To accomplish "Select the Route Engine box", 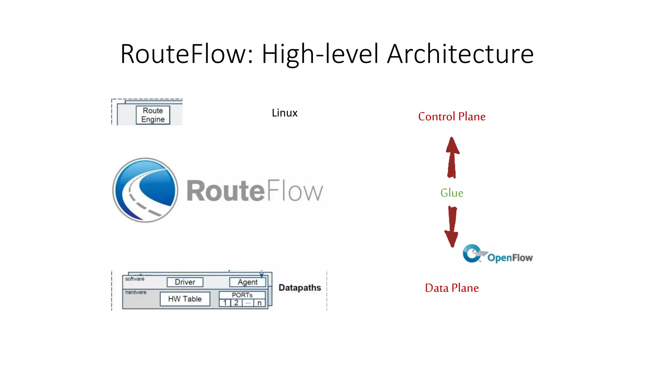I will tap(153, 115).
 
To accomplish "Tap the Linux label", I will tap(285, 113).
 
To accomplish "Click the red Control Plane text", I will tap(452, 117).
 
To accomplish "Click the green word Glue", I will tap(452, 193).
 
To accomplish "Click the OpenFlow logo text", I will tap(510, 258).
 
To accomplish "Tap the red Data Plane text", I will tap(452, 288).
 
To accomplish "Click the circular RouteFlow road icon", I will tap(145, 190).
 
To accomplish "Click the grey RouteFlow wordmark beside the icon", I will tap(254, 191).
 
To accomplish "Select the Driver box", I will tap(185, 282).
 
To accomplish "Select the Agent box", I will tap(247, 282).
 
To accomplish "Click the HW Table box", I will tap(185, 299).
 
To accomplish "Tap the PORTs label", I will tap(242, 295).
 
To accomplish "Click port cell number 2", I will tap(236, 303).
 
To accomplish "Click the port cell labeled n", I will tap(259, 303).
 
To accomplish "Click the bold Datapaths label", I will tap(299, 288).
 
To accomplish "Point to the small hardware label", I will tap(136, 292).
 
